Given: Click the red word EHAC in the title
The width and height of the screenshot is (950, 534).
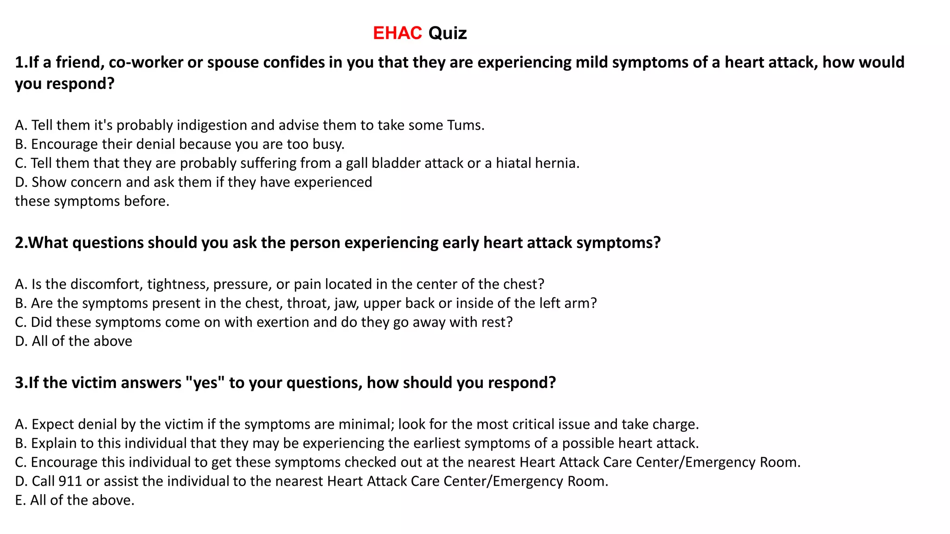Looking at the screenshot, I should [x=397, y=33].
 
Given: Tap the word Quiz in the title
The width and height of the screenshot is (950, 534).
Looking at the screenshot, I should [x=447, y=33].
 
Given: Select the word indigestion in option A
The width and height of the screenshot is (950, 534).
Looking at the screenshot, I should [x=212, y=125].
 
